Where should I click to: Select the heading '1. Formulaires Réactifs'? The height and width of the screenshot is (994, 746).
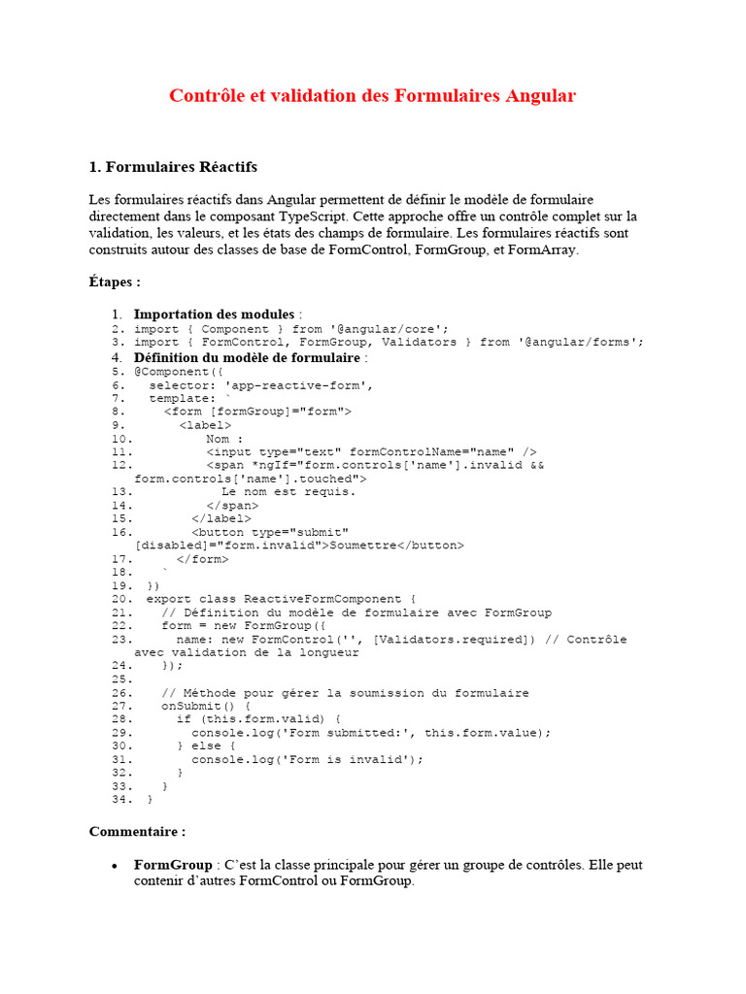173,167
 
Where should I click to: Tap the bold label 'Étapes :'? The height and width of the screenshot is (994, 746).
115,282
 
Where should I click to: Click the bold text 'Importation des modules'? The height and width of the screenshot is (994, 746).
214,314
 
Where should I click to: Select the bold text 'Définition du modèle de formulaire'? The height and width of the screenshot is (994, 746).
247,356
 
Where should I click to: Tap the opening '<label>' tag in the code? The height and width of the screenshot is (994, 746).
205,424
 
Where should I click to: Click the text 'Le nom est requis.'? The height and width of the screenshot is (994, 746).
288,491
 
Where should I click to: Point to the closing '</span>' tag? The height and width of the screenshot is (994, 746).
232,505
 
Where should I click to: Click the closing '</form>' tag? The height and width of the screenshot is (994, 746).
203,558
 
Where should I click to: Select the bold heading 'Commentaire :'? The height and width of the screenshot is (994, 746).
137,832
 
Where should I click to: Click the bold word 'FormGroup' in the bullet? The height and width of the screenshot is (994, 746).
173,864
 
